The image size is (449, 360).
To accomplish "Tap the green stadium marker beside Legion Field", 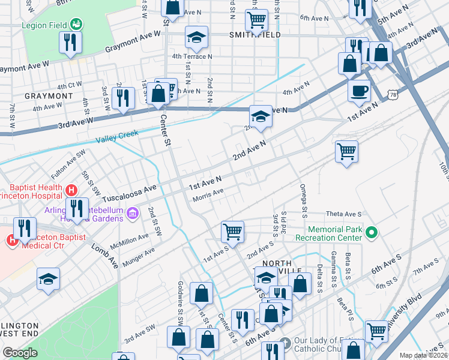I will tap(76, 25).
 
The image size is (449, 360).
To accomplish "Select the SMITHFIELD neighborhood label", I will tap(255, 35).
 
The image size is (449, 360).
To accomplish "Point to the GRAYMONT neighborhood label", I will tap(48, 96).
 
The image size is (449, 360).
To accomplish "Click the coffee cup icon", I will tap(359, 91).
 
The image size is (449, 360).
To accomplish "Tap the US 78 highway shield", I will tap(393, 95).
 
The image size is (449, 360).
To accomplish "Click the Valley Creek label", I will tap(117, 137).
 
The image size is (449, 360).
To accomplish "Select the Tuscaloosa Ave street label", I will tap(129, 193).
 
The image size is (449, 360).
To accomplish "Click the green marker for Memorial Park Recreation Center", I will tap(372, 231).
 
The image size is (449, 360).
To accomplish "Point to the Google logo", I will tap(20, 353).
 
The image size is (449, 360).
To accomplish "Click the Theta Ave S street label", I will tap(344, 214).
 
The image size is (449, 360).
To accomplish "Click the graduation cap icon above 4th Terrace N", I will tap(196, 38).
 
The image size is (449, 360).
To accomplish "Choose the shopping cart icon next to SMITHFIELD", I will tap(257, 19).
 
